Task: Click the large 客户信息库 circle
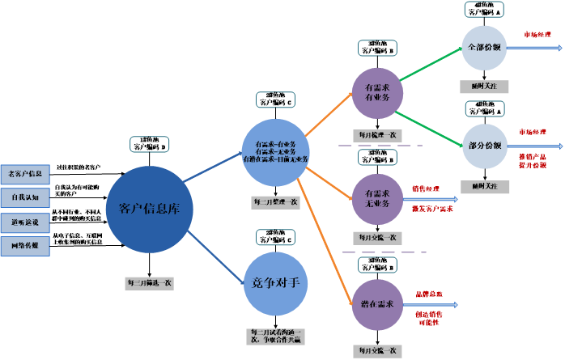pyautogui.click(x=149, y=209)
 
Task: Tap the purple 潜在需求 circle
pyautogui.click(x=377, y=304)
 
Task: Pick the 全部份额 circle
pyautogui.click(x=484, y=47)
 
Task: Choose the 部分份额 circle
pyautogui.click(x=484, y=146)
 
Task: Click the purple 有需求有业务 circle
pyautogui.click(x=377, y=92)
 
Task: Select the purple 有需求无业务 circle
pyautogui.click(x=377, y=198)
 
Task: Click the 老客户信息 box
pyautogui.click(x=25, y=173)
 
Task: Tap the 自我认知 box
pyautogui.click(x=25, y=197)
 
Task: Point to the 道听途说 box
pyautogui.click(x=25, y=221)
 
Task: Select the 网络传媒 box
pyautogui.click(x=25, y=244)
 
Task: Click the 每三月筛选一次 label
pyautogui.click(x=149, y=283)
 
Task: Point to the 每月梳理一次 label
pyautogui.click(x=376, y=135)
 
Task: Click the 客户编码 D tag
pyautogui.click(x=150, y=144)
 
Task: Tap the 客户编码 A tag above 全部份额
pyautogui.click(x=484, y=10)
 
